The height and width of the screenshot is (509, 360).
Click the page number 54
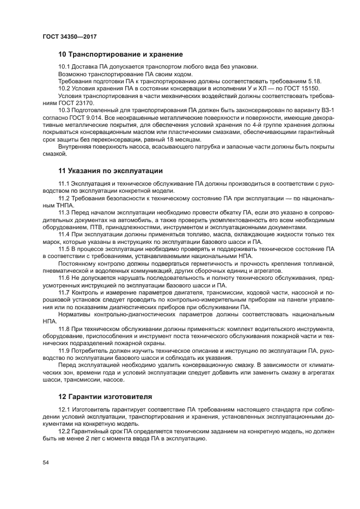tap(46, 462)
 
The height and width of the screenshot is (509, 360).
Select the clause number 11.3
tap(65, 212)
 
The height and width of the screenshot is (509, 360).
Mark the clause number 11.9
tap(65, 351)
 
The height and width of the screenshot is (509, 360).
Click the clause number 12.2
tap(65, 432)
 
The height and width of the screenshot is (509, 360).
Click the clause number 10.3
tap(65, 109)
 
